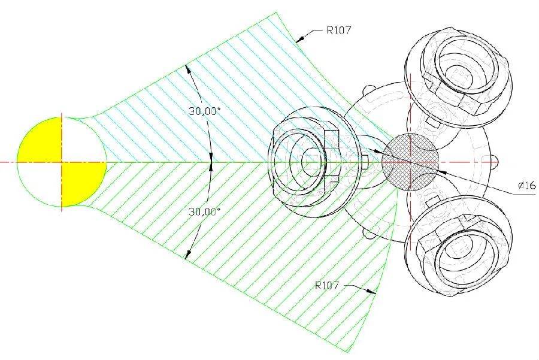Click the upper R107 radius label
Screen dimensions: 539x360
pyautogui.click(x=338, y=31)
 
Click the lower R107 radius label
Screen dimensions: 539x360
pyautogui.click(x=327, y=285)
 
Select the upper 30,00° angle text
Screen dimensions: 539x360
pyautogui.click(x=204, y=111)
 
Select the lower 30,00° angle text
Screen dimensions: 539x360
pyautogui.click(x=204, y=211)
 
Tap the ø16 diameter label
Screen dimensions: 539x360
pyautogui.click(x=527, y=186)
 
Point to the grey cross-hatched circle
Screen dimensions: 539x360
pyautogui.click(x=410, y=162)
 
